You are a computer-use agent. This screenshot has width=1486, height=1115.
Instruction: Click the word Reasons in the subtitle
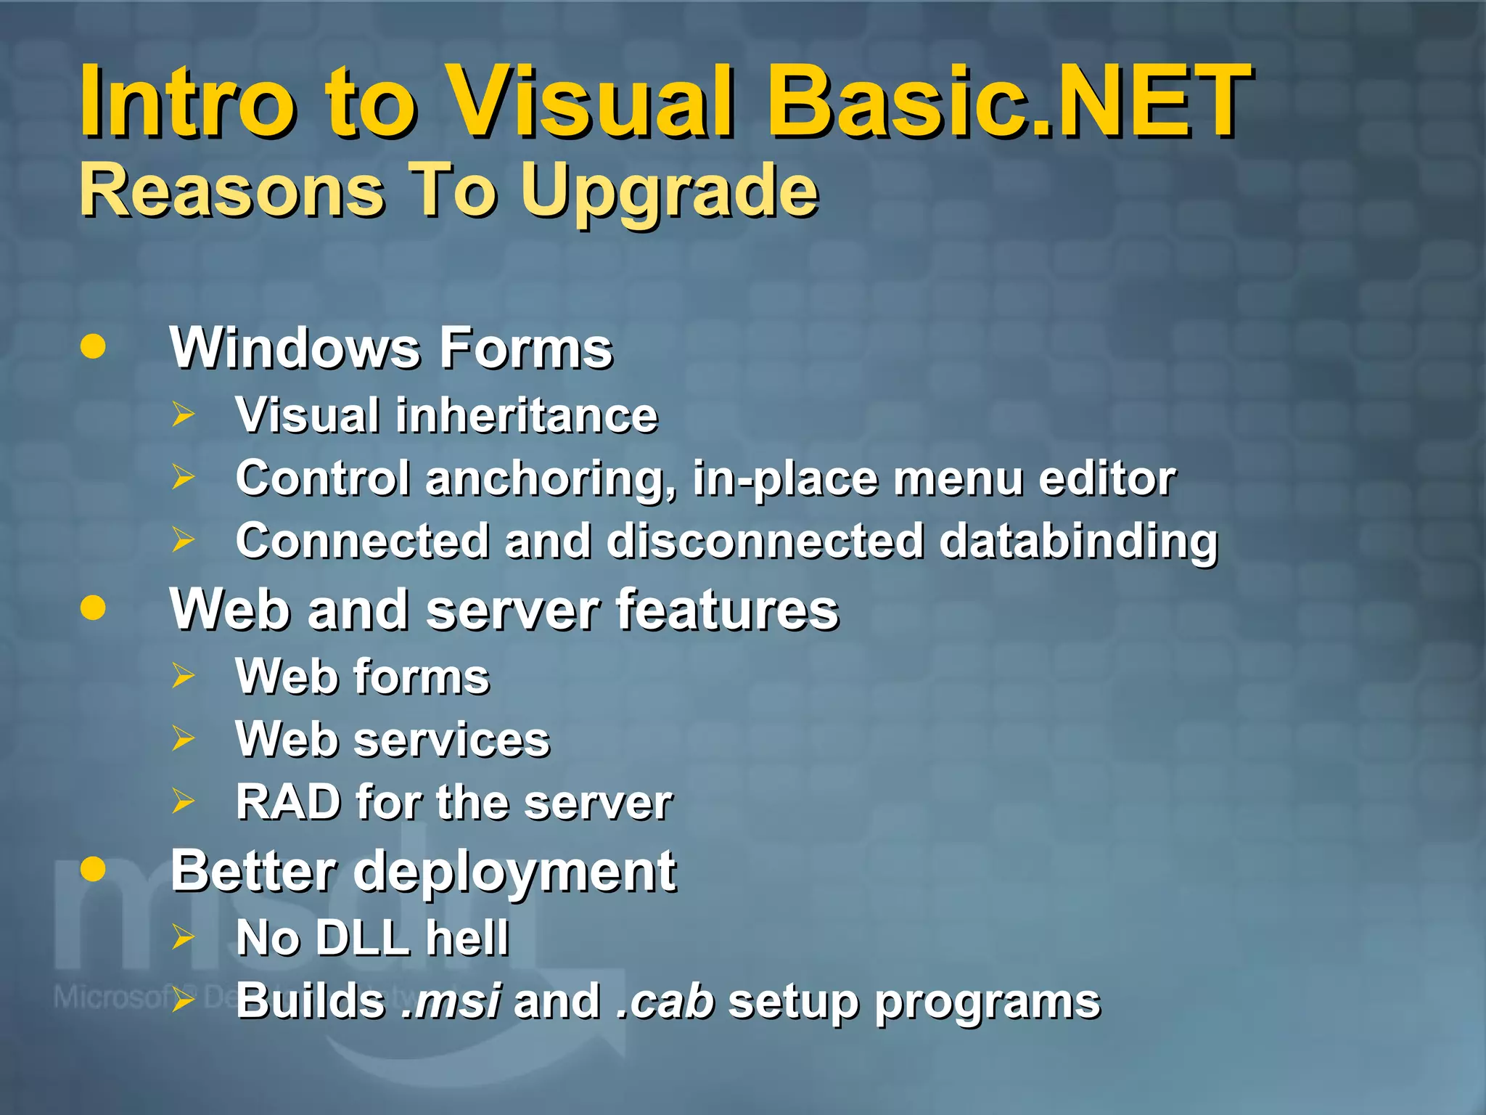[x=231, y=190]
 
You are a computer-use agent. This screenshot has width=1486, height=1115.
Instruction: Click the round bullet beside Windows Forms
[x=93, y=346]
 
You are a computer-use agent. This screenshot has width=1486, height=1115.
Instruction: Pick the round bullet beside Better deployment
[x=93, y=868]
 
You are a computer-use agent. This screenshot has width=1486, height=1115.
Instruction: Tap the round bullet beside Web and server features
[x=93, y=608]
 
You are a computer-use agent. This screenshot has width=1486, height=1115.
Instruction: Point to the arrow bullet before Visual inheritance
[x=184, y=414]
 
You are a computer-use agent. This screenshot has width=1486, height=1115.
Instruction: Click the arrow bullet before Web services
[x=184, y=739]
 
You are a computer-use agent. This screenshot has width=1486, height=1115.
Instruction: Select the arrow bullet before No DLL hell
[x=184, y=937]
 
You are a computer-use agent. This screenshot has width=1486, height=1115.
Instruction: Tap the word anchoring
[x=550, y=480]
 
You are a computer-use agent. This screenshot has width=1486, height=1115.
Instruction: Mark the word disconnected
[x=765, y=542]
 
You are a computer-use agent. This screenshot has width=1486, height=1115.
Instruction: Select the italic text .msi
[x=450, y=1001]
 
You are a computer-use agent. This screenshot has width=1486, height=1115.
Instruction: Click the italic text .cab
[x=665, y=1001]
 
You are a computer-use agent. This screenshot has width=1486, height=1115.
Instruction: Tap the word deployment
[x=514, y=873]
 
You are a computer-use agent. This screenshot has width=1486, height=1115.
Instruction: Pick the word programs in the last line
[x=987, y=1003]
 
